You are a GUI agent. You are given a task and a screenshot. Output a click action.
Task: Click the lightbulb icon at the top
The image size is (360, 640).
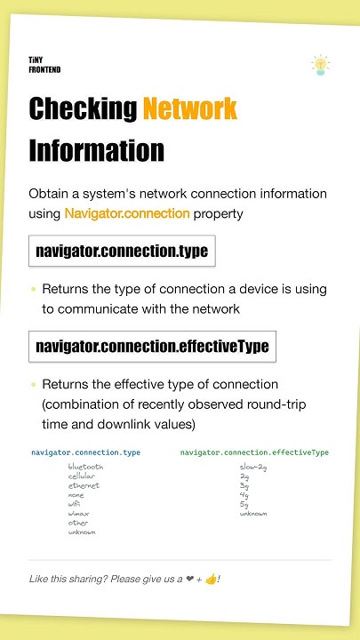320,63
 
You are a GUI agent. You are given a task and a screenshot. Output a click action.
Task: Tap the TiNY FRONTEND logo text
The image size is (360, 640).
44,64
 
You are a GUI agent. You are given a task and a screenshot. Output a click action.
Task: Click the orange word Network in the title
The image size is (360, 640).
189,109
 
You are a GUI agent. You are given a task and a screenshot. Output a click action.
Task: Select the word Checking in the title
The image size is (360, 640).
83,109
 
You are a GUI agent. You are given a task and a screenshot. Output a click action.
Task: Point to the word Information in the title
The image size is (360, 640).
96,149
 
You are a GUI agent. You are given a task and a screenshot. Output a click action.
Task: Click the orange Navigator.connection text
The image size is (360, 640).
127,213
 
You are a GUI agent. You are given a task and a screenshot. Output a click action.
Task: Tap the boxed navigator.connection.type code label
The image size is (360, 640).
122,251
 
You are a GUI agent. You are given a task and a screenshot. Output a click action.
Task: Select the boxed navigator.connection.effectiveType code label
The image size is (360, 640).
152,345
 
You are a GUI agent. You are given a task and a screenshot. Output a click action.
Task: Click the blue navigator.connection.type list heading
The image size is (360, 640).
85,452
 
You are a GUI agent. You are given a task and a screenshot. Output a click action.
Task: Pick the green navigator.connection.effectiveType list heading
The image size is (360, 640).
254,452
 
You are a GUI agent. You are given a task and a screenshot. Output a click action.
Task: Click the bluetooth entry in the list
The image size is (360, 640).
85,467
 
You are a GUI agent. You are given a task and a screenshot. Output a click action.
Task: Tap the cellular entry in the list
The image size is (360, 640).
81,476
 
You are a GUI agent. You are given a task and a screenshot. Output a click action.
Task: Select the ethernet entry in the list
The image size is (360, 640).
83,485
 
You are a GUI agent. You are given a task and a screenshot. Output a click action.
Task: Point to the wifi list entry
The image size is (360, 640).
75,504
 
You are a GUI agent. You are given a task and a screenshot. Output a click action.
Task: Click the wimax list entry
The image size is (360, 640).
78,514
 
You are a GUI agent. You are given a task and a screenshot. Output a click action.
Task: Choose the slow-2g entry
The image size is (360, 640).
253,467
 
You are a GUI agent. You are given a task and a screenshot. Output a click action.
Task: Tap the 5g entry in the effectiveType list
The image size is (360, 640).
244,504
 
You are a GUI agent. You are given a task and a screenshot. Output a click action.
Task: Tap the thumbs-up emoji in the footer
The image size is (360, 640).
210,580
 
